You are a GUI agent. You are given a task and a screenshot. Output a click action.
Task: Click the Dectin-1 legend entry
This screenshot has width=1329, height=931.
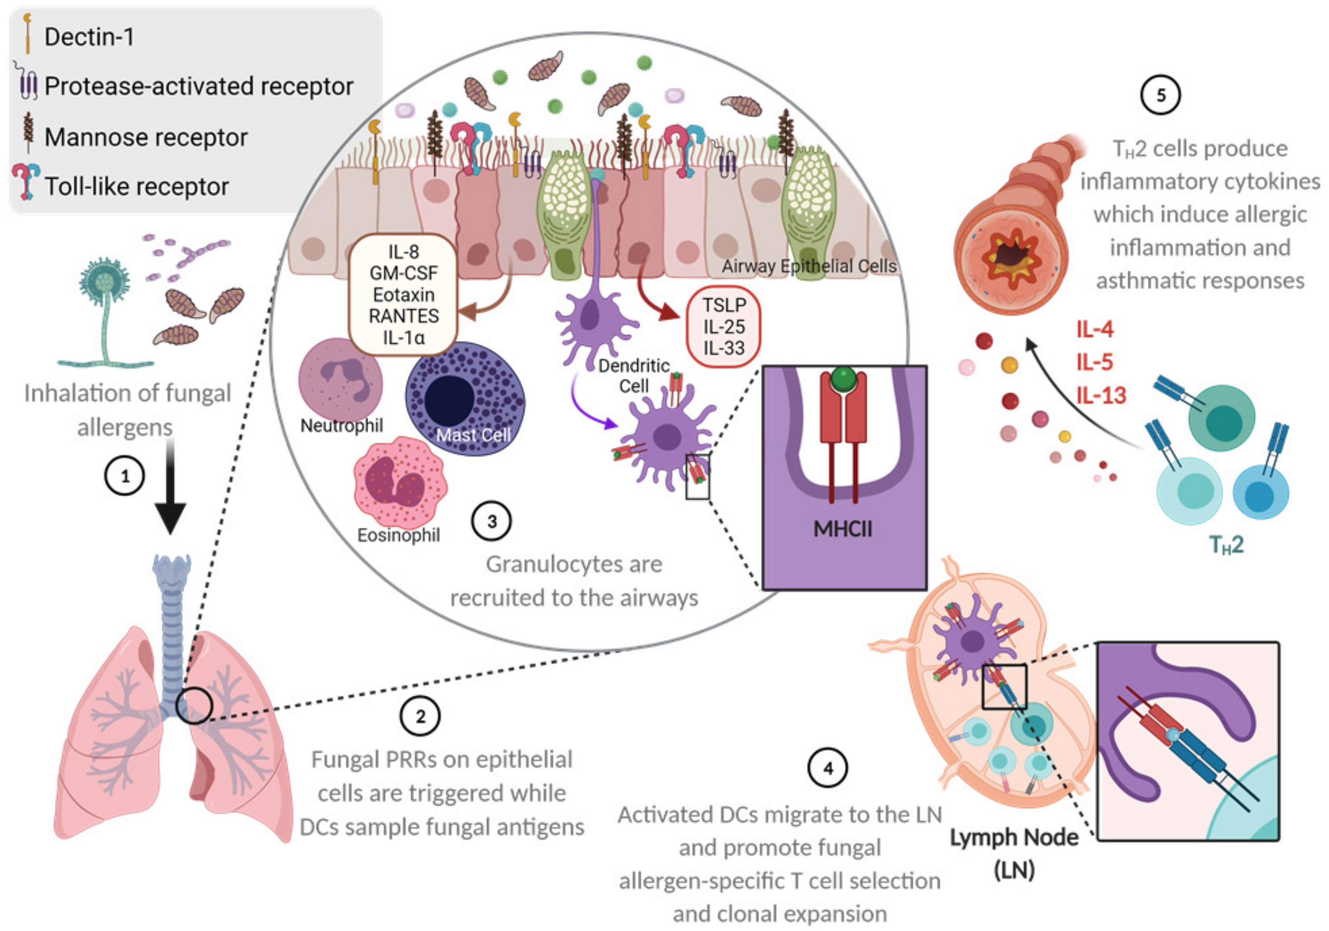click(x=89, y=37)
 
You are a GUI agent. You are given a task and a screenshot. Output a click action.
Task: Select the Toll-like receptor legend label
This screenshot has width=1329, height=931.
click(x=136, y=187)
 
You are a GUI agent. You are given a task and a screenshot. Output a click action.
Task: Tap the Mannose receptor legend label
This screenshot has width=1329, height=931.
click(x=146, y=138)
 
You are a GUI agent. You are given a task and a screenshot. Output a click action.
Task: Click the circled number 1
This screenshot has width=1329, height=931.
click(x=124, y=476)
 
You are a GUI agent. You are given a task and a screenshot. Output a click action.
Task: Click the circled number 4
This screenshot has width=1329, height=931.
click(x=828, y=768)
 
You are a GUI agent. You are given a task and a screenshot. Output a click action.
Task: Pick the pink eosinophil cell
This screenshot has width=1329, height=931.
click(x=399, y=482)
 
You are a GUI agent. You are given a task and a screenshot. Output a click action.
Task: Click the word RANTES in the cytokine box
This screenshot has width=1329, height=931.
click(x=403, y=316)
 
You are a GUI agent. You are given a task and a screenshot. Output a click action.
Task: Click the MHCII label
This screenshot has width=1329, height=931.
click(x=842, y=529)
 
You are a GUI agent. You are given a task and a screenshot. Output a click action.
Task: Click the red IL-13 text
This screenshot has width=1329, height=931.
click(x=1101, y=396)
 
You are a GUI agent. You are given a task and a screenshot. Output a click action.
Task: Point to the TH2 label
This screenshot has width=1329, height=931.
click(x=1226, y=545)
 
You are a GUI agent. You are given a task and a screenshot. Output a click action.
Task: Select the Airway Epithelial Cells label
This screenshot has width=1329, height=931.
click(x=809, y=266)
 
